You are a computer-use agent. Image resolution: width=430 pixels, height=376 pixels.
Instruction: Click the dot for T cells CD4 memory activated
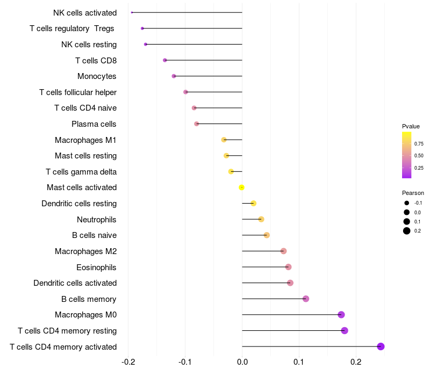tap(381, 346)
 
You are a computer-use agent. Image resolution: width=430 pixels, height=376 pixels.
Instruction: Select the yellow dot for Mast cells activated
tap(242, 187)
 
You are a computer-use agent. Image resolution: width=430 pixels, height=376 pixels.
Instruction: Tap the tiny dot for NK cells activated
tap(132, 12)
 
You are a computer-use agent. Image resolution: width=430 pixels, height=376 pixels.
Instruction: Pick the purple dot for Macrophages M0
tap(341, 315)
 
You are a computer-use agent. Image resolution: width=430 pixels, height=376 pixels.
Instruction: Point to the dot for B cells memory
tap(306, 299)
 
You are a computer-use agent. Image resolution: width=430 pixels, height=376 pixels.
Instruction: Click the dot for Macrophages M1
tap(224, 140)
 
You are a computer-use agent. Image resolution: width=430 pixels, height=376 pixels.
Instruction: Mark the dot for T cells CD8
tap(165, 60)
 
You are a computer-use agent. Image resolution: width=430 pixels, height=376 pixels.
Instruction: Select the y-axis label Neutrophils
tap(96, 219)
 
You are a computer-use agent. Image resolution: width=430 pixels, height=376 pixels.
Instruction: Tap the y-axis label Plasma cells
tap(94, 124)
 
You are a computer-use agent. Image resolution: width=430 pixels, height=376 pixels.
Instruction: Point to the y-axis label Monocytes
tap(97, 76)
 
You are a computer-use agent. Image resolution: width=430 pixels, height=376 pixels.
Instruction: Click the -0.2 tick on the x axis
tap(128, 361)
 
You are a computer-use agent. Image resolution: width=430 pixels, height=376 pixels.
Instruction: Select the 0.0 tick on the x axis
tap(242, 361)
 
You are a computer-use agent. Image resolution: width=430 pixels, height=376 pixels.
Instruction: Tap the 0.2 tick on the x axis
tap(356, 361)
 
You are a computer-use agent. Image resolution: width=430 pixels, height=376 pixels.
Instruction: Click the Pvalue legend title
tap(411, 126)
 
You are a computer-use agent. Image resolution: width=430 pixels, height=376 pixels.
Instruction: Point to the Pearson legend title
tap(413, 193)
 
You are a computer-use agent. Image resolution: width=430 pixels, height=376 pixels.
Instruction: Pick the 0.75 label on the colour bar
tap(419, 144)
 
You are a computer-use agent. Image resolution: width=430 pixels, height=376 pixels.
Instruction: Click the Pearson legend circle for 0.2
tap(407, 231)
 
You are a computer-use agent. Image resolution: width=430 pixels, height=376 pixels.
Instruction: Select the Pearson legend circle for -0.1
tap(407, 203)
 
